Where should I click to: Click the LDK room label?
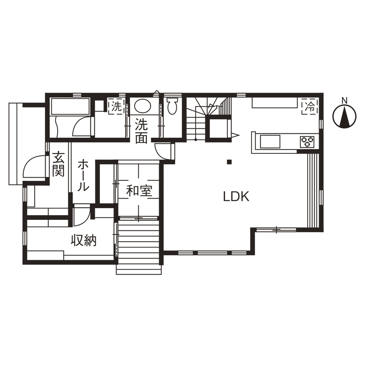tap(236, 197)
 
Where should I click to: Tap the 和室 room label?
tap(139, 191)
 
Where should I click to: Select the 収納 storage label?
tap(83, 241)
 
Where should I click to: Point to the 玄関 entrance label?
tap(58, 164)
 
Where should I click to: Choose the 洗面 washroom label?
tap(141, 131)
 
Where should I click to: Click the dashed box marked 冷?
tap(309, 106)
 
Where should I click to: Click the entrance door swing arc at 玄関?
tap(33, 167)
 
